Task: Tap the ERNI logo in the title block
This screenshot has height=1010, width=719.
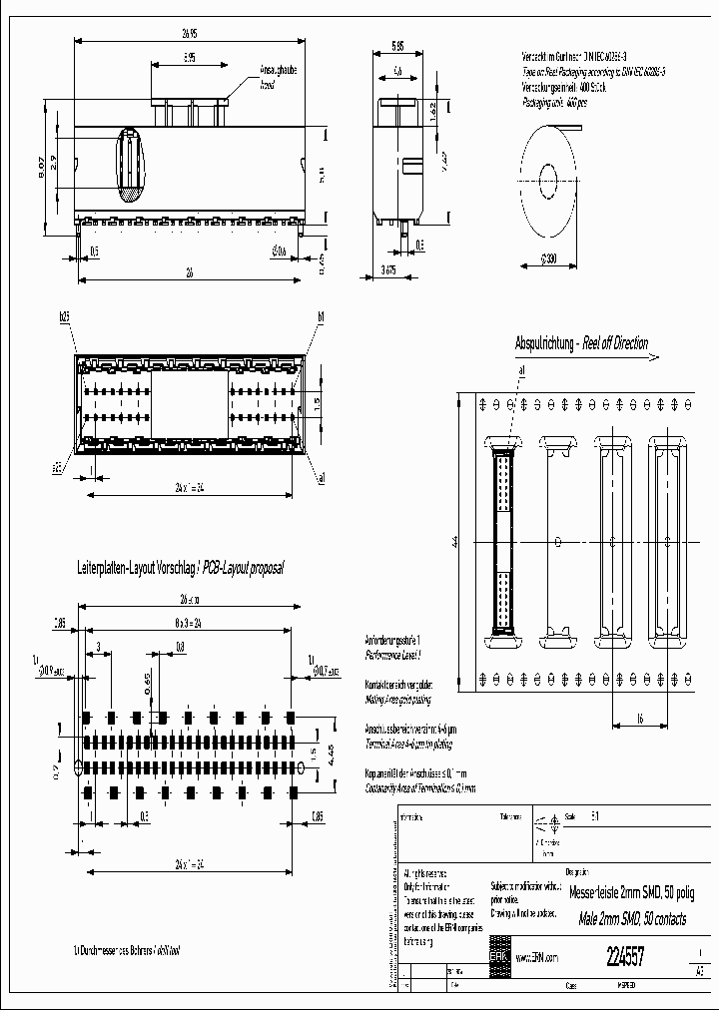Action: coord(498,955)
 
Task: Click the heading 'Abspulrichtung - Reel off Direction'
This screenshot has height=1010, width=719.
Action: coord(580,344)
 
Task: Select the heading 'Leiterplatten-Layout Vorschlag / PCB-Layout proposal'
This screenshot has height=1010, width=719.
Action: coord(181,567)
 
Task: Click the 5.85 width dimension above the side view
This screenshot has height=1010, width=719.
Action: coord(397,46)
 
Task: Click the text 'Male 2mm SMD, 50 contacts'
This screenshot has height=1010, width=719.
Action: coord(626,917)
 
